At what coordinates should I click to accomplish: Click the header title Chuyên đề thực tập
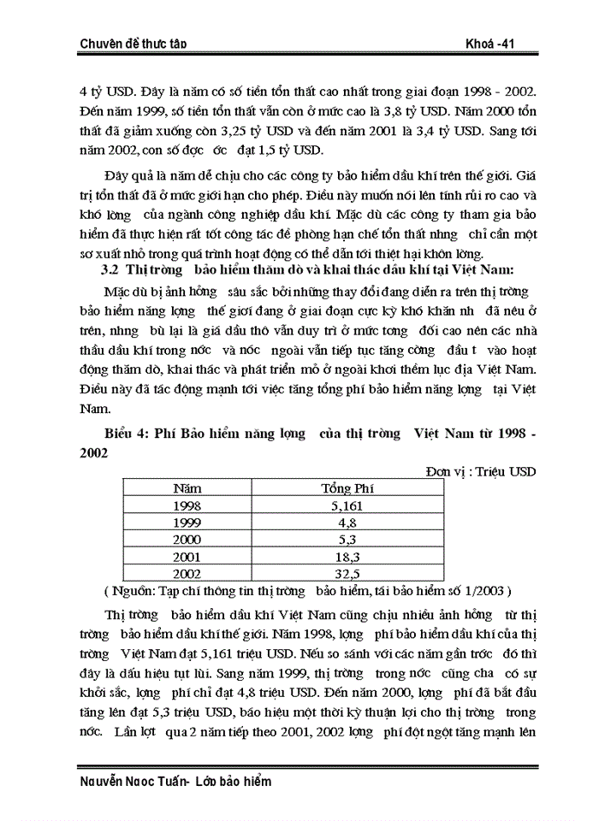[x=133, y=44]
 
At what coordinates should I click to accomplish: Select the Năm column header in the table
[x=187, y=488]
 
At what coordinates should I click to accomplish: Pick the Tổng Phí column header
[x=347, y=488]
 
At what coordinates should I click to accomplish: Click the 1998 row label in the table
[x=187, y=505]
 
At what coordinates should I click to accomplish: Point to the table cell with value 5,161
[x=347, y=505]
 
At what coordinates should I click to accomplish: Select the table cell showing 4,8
[x=347, y=523]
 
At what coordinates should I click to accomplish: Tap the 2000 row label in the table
[x=187, y=540]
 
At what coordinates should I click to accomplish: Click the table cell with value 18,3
[x=347, y=557]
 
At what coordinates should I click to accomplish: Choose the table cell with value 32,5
[x=347, y=574]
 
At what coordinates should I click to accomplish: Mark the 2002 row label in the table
[x=187, y=574]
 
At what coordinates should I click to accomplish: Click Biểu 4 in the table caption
[x=128, y=434]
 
